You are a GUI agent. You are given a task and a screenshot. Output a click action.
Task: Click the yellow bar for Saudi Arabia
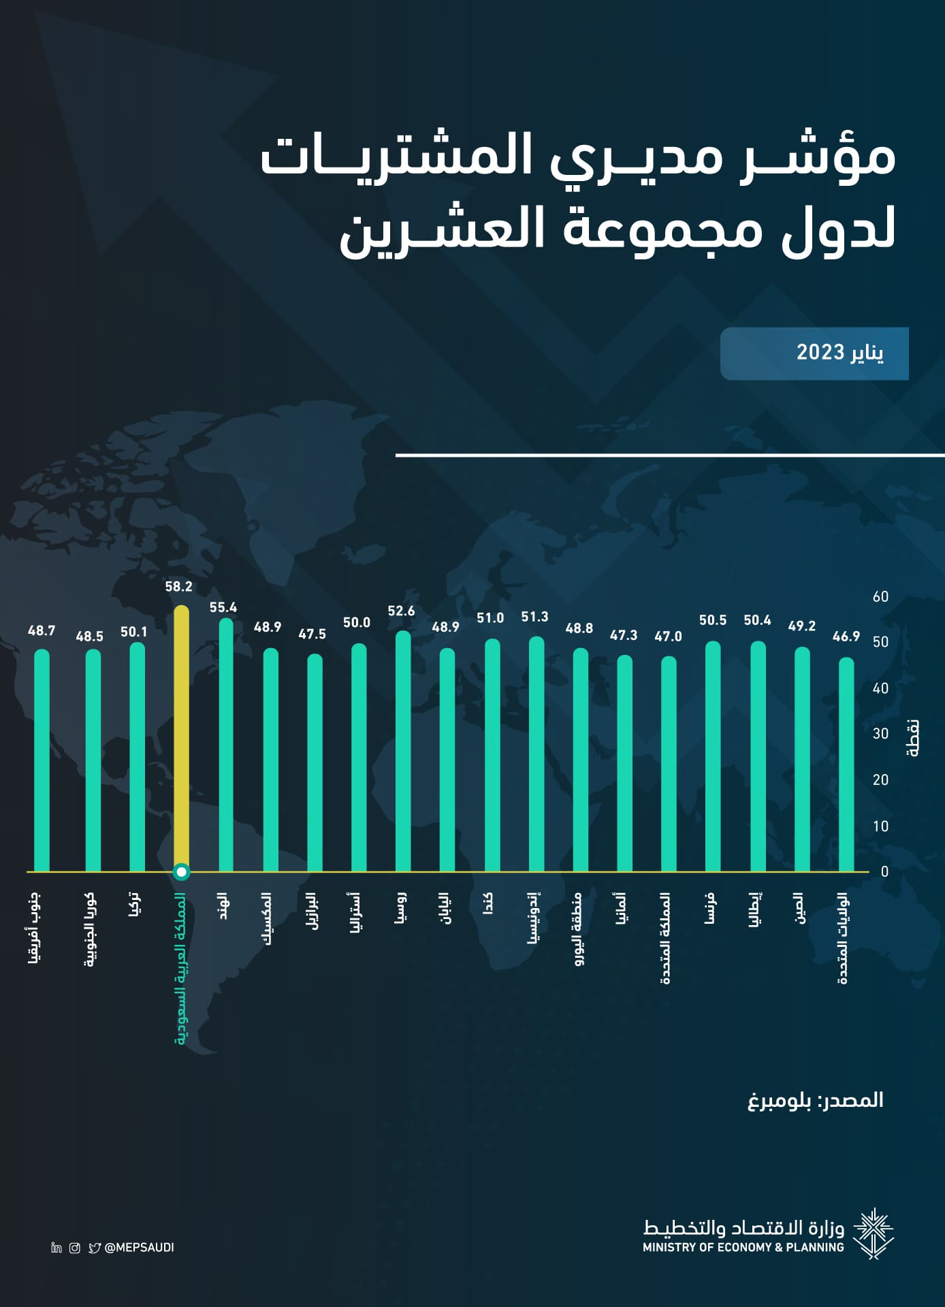click(x=182, y=735)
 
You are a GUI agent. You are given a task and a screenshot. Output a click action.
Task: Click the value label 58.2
click(x=179, y=587)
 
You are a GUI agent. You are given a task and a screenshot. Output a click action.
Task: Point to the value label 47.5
click(x=313, y=634)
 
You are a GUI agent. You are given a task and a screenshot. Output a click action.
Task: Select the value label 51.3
click(x=534, y=617)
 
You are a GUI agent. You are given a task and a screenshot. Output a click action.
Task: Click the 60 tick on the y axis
click(x=880, y=597)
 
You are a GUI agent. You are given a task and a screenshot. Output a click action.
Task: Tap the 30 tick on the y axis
click(x=880, y=734)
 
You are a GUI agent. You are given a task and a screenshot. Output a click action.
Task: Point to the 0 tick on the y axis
click(x=884, y=872)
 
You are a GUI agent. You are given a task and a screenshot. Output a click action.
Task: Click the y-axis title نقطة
click(x=914, y=738)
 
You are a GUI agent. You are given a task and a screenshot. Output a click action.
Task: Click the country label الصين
click(x=800, y=908)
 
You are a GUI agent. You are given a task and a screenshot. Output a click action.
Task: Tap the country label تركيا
click(x=135, y=905)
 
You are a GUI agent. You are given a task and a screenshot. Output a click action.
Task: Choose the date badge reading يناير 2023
click(x=814, y=353)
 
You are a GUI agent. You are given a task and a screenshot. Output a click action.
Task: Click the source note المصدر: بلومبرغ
click(x=816, y=1101)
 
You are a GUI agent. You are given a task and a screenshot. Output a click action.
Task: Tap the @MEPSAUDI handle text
click(x=140, y=1248)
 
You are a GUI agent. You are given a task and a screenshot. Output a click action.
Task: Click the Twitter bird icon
click(x=95, y=1248)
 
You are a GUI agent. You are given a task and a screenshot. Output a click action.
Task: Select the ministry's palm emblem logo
click(x=874, y=1233)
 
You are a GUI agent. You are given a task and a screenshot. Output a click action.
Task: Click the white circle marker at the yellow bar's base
click(x=182, y=872)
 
